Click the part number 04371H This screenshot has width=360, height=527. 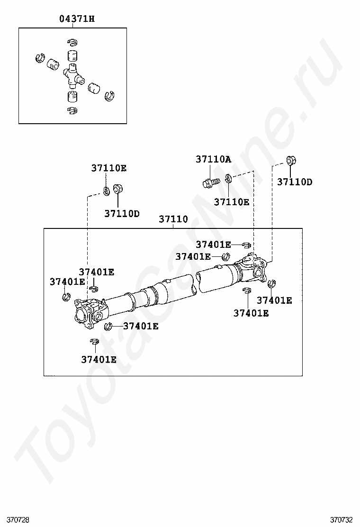click(x=77, y=19)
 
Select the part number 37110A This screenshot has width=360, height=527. click(x=213, y=159)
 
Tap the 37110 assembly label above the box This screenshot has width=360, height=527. click(x=173, y=219)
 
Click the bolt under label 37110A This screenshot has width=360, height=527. click(x=211, y=182)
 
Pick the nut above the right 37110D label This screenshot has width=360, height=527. click(x=291, y=161)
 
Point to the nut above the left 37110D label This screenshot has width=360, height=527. click(x=117, y=189)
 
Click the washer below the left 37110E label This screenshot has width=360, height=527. click(x=107, y=191)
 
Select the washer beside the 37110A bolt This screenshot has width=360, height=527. click(x=228, y=178)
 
